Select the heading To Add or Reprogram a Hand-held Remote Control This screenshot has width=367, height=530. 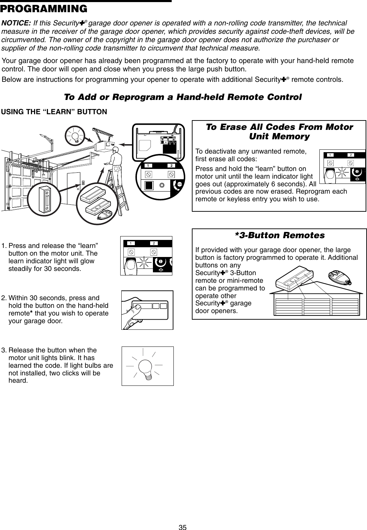click(x=183, y=96)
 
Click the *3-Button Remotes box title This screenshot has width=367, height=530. click(x=280, y=235)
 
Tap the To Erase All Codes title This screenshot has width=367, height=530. click(x=279, y=131)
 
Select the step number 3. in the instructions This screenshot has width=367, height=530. click(x=4, y=350)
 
